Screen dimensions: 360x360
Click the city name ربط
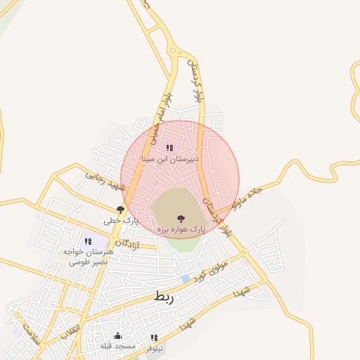point(163,297)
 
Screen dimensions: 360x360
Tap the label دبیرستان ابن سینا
point(171,160)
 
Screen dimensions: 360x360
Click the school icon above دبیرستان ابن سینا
point(169,148)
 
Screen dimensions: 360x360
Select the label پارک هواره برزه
point(179,229)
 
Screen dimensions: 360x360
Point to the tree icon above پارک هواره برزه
point(181,218)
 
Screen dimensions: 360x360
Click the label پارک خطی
point(122,221)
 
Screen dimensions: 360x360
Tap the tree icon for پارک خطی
point(120,210)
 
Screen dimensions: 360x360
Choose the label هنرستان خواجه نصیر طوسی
point(87,256)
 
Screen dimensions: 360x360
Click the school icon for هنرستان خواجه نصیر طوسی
point(88,241)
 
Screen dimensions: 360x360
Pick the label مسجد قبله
point(116,346)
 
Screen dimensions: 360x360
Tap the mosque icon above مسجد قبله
point(117,335)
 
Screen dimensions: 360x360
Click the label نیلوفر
point(155,348)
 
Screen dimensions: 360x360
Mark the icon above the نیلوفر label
point(153,337)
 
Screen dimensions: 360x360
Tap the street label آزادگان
point(127,244)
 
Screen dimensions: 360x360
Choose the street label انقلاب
point(69,332)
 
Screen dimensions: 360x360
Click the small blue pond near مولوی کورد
point(185,279)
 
